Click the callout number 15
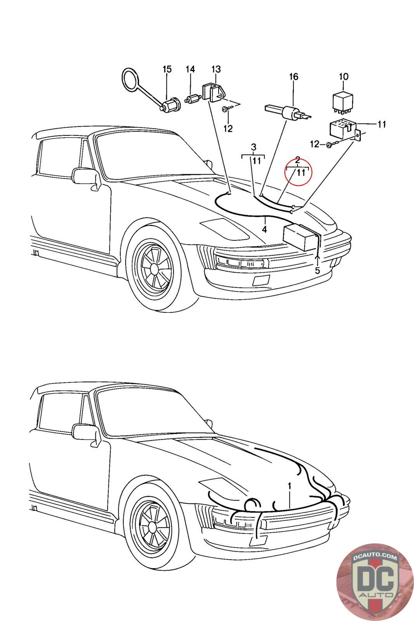tap(167, 69)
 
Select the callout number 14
tap(190, 69)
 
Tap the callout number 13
tap(216, 69)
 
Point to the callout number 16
tap(294, 76)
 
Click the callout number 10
tap(344, 76)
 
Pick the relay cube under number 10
tap(343, 101)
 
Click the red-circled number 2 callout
tap(298, 160)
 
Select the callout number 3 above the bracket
tap(253, 147)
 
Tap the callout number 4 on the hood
tap(265, 229)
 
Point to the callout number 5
tap(317, 270)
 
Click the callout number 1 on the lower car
tap(289, 486)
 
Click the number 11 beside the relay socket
tap(381, 125)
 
